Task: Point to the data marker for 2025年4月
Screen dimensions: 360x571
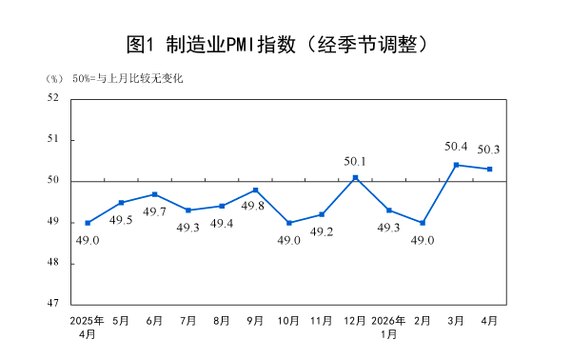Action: click(88, 223)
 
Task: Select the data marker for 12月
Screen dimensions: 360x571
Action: click(355, 177)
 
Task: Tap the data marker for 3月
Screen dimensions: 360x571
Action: click(456, 165)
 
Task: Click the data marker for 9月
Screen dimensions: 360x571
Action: click(255, 190)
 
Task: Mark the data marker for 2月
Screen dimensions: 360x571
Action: click(423, 223)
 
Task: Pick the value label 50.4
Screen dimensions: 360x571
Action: click(456, 147)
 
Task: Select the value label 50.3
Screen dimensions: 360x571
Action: click(489, 150)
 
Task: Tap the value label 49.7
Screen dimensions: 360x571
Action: click(154, 211)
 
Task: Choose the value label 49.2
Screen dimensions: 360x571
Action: click(322, 231)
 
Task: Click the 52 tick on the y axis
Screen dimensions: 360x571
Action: click(52, 97)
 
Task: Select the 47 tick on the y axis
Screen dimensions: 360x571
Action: click(52, 304)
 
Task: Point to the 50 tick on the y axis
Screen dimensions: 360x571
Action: click(52, 180)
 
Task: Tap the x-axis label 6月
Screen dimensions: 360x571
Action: click(154, 321)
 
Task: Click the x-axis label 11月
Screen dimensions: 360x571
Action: click(322, 321)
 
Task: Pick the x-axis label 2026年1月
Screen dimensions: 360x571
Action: click(388, 328)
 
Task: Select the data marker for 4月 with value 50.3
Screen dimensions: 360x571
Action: click(489, 170)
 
